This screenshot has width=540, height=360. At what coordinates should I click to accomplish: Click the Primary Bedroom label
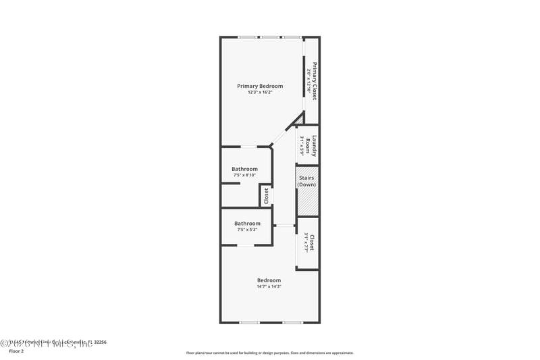tap(260, 86)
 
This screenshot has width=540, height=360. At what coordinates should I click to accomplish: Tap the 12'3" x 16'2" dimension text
tap(260, 93)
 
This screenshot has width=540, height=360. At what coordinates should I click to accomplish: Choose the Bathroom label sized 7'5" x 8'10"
tap(244, 169)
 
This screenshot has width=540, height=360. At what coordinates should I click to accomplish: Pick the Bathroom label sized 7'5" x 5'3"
tap(247, 224)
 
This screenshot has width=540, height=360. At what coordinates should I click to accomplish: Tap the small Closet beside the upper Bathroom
tap(266, 196)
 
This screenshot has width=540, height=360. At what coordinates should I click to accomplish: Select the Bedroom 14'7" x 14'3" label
tap(269, 280)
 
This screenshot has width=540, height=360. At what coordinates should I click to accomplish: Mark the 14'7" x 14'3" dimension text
tap(269, 287)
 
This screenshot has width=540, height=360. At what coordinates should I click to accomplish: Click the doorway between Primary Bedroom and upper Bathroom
tap(249, 147)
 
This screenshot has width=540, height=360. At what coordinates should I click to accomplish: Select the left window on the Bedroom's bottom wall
tap(249, 323)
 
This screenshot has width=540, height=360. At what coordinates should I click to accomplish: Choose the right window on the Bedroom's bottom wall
tap(292, 323)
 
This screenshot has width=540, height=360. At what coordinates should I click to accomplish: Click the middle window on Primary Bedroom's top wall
tap(270, 36)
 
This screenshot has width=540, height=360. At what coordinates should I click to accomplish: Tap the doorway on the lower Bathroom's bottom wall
tap(245, 245)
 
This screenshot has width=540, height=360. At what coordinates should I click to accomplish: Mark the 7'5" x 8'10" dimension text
tap(244, 176)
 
